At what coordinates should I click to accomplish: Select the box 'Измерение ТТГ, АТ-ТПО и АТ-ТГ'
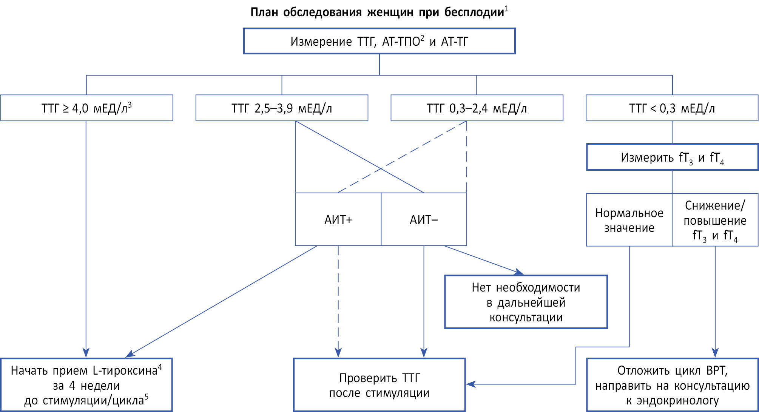coord(379,41)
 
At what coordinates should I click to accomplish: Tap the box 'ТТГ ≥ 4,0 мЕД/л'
coord(86,108)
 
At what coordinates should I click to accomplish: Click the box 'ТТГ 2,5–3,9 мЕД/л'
coord(282,108)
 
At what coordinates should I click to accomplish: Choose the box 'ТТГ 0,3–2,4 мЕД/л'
coord(477,108)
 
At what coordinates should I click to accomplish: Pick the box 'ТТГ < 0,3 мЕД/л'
coord(672,108)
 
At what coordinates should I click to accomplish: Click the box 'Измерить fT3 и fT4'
coord(672,157)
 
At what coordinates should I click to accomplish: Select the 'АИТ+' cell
coord(338,219)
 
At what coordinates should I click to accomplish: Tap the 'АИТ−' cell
coord(424,219)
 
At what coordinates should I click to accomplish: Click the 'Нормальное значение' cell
coord(629,220)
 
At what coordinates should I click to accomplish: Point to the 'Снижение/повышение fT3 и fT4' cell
coord(715,220)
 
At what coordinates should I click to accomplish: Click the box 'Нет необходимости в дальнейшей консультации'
coord(526,302)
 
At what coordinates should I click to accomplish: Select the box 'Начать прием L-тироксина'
coord(86,385)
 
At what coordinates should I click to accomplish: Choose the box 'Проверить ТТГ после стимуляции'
coord(379,385)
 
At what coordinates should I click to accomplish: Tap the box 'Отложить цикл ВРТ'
coord(672,385)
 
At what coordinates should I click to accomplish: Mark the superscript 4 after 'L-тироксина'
coord(160,367)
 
